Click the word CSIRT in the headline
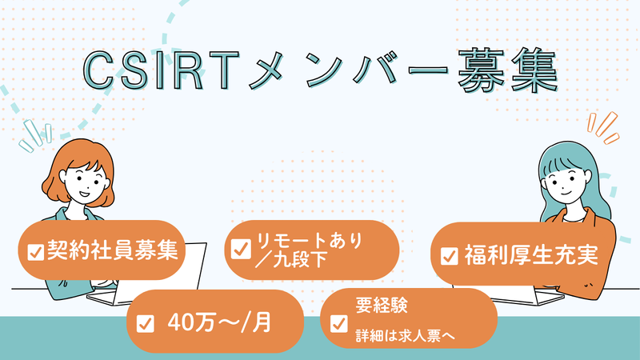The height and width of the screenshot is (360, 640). [x=162, y=70]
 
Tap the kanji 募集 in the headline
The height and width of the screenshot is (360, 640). [x=508, y=70]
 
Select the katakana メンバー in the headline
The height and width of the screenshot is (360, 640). [x=349, y=70]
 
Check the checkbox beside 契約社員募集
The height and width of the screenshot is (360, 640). [x=35, y=252]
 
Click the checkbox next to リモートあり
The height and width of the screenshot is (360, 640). [x=241, y=249]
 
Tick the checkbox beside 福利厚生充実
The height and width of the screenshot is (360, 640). [x=449, y=256]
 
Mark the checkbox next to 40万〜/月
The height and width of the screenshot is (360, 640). [x=146, y=324]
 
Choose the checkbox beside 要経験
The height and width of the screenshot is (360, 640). [x=338, y=323]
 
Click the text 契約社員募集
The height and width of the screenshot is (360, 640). [x=113, y=250]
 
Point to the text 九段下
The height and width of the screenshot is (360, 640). [x=299, y=259]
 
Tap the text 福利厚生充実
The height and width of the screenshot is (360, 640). [x=531, y=254]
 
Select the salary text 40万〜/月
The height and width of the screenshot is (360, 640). [x=219, y=322]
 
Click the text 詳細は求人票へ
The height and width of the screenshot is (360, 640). [x=405, y=336]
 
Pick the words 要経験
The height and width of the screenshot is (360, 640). [x=382, y=305]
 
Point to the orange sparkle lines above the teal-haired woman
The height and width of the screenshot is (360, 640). [x=603, y=128]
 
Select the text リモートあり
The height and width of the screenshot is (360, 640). [x=310, y=241]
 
